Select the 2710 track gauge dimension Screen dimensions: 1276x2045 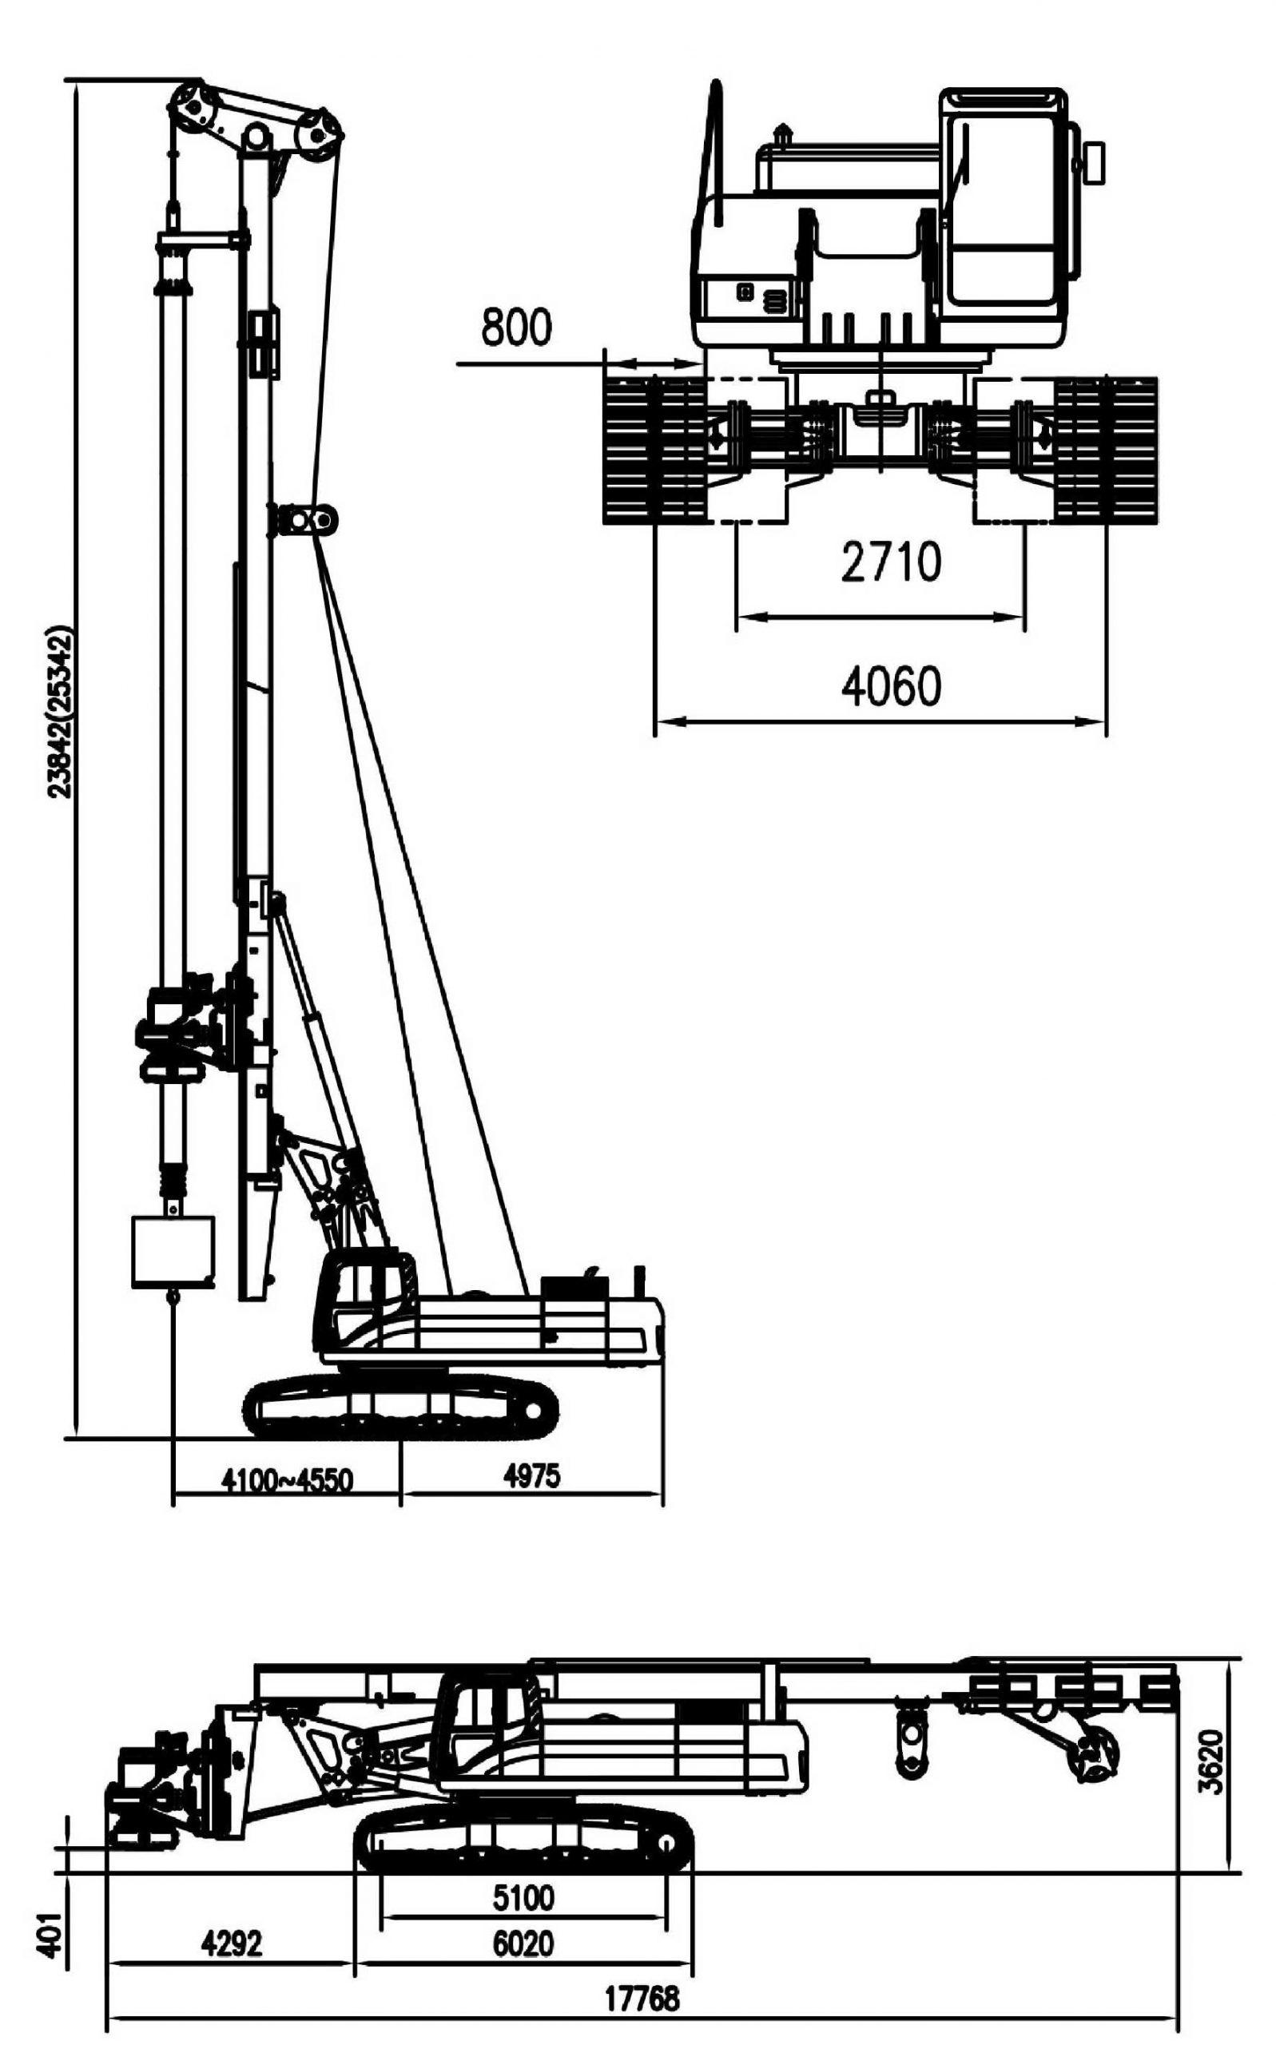(x=890, y=562)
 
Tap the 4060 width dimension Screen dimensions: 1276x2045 (x=890, y=686)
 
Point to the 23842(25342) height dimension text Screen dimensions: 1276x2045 (x=59, y=711)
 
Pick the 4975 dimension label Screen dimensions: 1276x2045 (x=531, y=1475)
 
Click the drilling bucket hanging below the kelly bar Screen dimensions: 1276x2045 (x=174, y=1252)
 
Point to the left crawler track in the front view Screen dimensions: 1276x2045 (x=656, y=449)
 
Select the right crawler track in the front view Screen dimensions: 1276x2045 (x=1107, y=449)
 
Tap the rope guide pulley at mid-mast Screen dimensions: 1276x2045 (x=304, y=520)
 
